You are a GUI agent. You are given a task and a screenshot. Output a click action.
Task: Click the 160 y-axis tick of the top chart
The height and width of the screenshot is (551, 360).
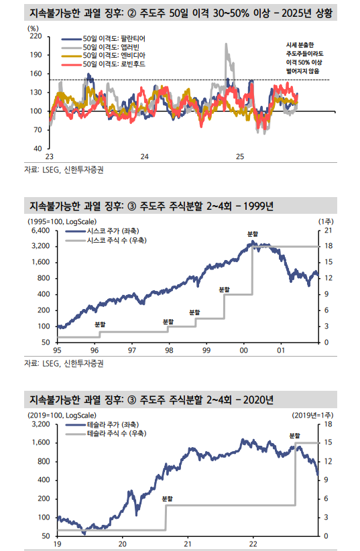click(x=36, y=74)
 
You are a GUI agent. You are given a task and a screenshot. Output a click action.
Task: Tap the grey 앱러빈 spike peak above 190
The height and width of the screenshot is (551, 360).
click(x=226, y=45)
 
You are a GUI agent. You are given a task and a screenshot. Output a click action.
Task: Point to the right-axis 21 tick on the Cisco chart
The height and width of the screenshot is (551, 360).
click(x=328, y=230)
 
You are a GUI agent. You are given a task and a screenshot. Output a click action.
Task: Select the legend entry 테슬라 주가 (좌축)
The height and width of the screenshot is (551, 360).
click(x=113, y=425)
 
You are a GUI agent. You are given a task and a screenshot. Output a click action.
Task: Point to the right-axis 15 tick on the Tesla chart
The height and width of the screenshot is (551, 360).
click(x=328, y=442)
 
